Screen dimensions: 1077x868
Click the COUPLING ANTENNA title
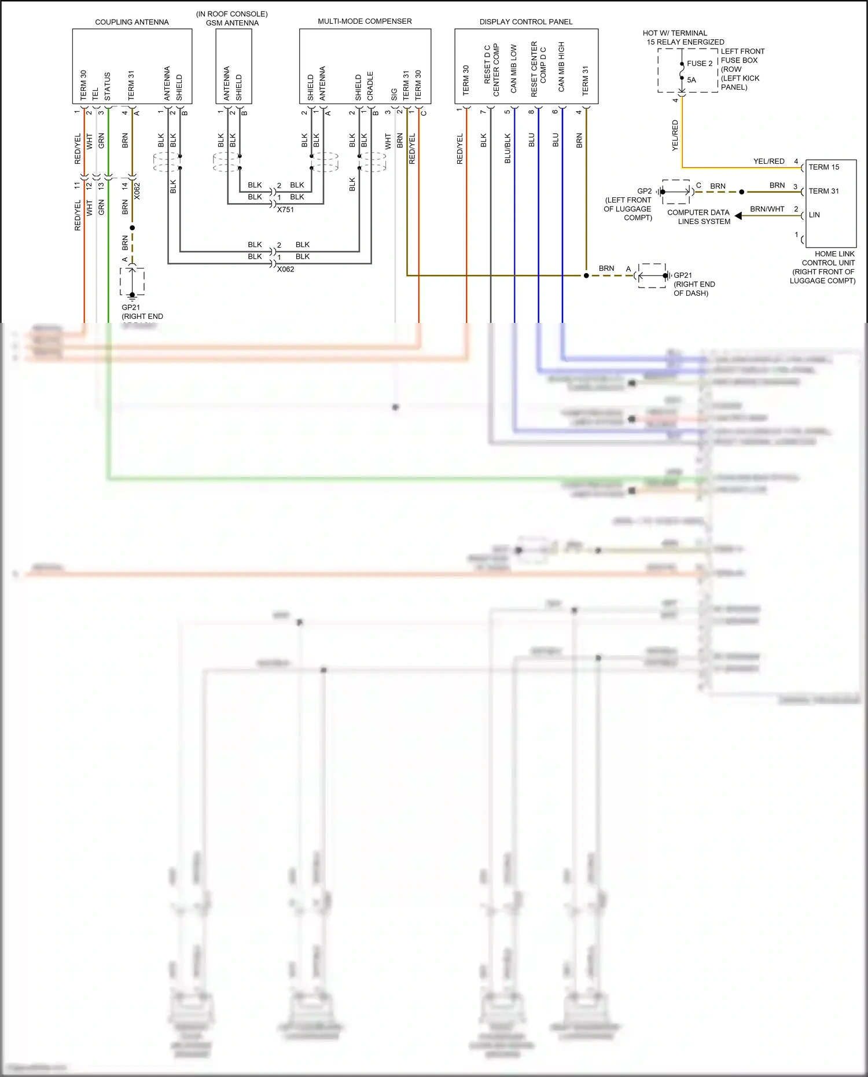pyautogui.click(x=132, y=22)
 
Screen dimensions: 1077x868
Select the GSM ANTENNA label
pyautogui.click(x=233, y=23)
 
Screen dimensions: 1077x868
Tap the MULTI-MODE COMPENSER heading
pyautogui.click(x=365, y=21)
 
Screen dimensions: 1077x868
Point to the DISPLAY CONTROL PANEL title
pyautogui.click(x=525, y=22)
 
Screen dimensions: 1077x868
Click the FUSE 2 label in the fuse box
pyautogui.click(x=700, y=64)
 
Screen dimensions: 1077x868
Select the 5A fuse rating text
pyautogui.click(x=692, y=80)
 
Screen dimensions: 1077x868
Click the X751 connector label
pyautogui.click(x=285, y=209)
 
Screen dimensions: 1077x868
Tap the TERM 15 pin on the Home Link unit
pyautogui.click(x=823, y=167)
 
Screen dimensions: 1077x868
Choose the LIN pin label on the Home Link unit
pyautogui.click(x=814, y=215)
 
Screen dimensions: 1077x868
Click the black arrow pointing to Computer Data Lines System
pyautogui.click(x=738, y=215)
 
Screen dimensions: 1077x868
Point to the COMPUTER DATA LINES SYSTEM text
pyautogui.click(x=698, y=217)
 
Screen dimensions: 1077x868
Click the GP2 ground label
pyautogui.click(x=644, y=191)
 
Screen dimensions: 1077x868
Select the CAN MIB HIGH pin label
pyautogui.click(x=561, y=67)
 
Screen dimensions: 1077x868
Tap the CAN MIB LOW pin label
pyautogui.click(x=513, y=69)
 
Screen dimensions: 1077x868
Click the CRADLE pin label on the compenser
pyautogui.click(x=370, y=86)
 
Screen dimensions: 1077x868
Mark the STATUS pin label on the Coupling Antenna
pyautogui.click(x=107, y=86)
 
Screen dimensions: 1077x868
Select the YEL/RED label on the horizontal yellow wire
pyautogui.click(x=768, y=161)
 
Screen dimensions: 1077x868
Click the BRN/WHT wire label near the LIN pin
pyautogui.click(x=767, y=209)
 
